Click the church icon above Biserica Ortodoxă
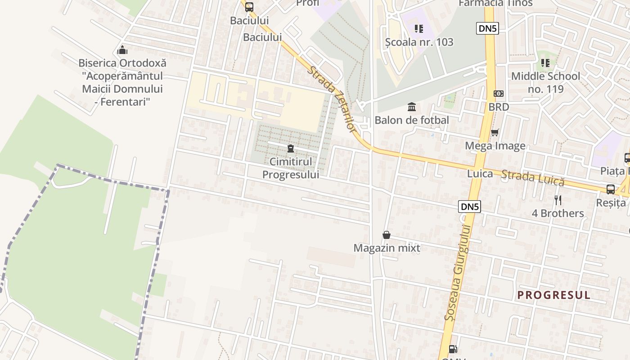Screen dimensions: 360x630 pyautogui.click(x=122, y=50)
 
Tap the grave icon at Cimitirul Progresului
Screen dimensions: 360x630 pyautogui.click(x=291, y=148)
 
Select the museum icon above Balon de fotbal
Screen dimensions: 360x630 pyautogui.click(x=412, y=107)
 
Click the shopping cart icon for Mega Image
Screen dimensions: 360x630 pyautogui.click(x=495, y=132)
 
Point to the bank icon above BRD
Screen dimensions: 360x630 pyautogui.click(x=499, y=94)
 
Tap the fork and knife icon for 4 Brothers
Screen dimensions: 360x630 pyautogui.click(x=558, y=200)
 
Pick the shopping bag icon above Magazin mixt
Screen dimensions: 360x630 pyautogui.click(x=387, y=235)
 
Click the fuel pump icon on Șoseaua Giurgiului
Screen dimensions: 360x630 pyautogui.click(x=454, y=349)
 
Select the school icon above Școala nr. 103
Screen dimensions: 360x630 pyautogui.click(x=419, y=29)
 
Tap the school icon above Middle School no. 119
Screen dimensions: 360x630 pyautogui.click(x=545, y=63)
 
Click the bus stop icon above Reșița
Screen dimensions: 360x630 pyautogui.click(x=611, y=189)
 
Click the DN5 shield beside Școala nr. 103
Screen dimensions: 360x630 pyautogui.click(x=487, y=28)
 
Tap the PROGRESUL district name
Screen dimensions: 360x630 pyautogui.click(x=553, y=295)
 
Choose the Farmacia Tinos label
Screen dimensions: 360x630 pyautogui.click(x=495, y=4)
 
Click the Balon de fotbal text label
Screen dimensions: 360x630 pyautogui.click(x=412, y=120)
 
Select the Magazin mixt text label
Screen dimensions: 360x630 pyautogui.click(x=387, y=248)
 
